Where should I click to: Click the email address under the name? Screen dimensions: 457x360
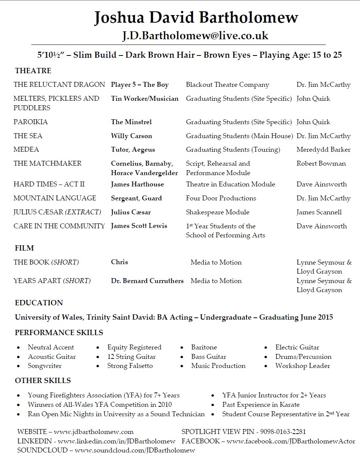pos(195,35)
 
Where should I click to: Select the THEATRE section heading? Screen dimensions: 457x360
pos(33,71)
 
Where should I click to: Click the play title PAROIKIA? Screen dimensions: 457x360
pos(31,122)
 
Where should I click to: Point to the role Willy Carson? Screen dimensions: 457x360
pos(132,136)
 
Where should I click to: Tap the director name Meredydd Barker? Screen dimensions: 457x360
pos(323,150)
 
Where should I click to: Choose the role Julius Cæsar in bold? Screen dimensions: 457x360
pos(131,212)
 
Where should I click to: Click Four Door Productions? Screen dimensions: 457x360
pos(221,198)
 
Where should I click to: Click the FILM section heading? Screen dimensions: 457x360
pos(25,248)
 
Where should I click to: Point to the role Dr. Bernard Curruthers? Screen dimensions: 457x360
pos(147,281)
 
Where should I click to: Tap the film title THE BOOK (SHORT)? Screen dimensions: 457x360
pos(46,262)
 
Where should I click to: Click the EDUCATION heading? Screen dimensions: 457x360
pos(39,303)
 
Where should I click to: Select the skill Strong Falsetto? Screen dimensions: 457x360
pos(130,366)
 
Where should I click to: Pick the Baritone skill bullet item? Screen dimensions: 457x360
pos(204,347)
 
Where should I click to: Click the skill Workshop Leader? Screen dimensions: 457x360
pos(302,366)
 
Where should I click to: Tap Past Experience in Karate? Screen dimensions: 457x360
pos(261,405)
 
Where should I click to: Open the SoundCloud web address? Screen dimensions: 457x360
pos(135,450)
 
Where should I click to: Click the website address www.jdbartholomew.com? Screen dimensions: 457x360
pos(96,432)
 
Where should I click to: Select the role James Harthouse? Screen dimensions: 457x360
pos(138,184)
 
